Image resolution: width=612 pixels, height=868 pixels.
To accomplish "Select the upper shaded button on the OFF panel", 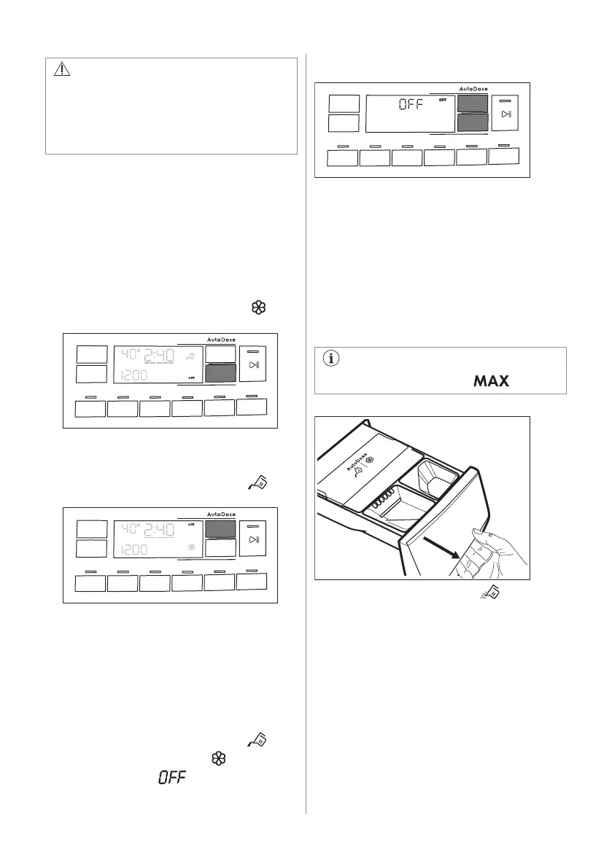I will point(473,103).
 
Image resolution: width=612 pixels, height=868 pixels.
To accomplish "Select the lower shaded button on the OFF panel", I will point(473,122).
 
